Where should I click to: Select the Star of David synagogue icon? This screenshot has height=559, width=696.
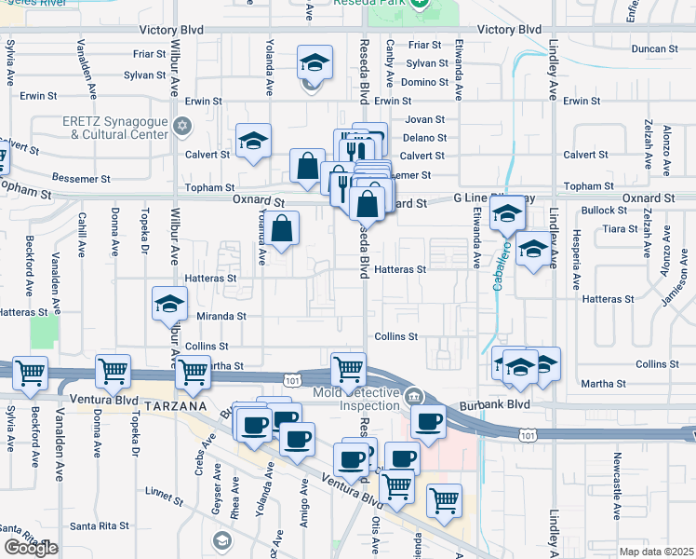(183, 125)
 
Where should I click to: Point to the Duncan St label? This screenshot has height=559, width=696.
(654, 48)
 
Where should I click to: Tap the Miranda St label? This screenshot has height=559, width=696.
(221, 317)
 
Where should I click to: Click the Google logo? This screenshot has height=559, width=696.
(31, 548)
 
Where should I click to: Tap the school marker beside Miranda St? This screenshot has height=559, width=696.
(170, 304)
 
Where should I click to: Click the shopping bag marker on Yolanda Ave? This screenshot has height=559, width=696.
(283, 226)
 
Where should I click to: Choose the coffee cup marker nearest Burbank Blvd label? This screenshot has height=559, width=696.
(428, 421)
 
